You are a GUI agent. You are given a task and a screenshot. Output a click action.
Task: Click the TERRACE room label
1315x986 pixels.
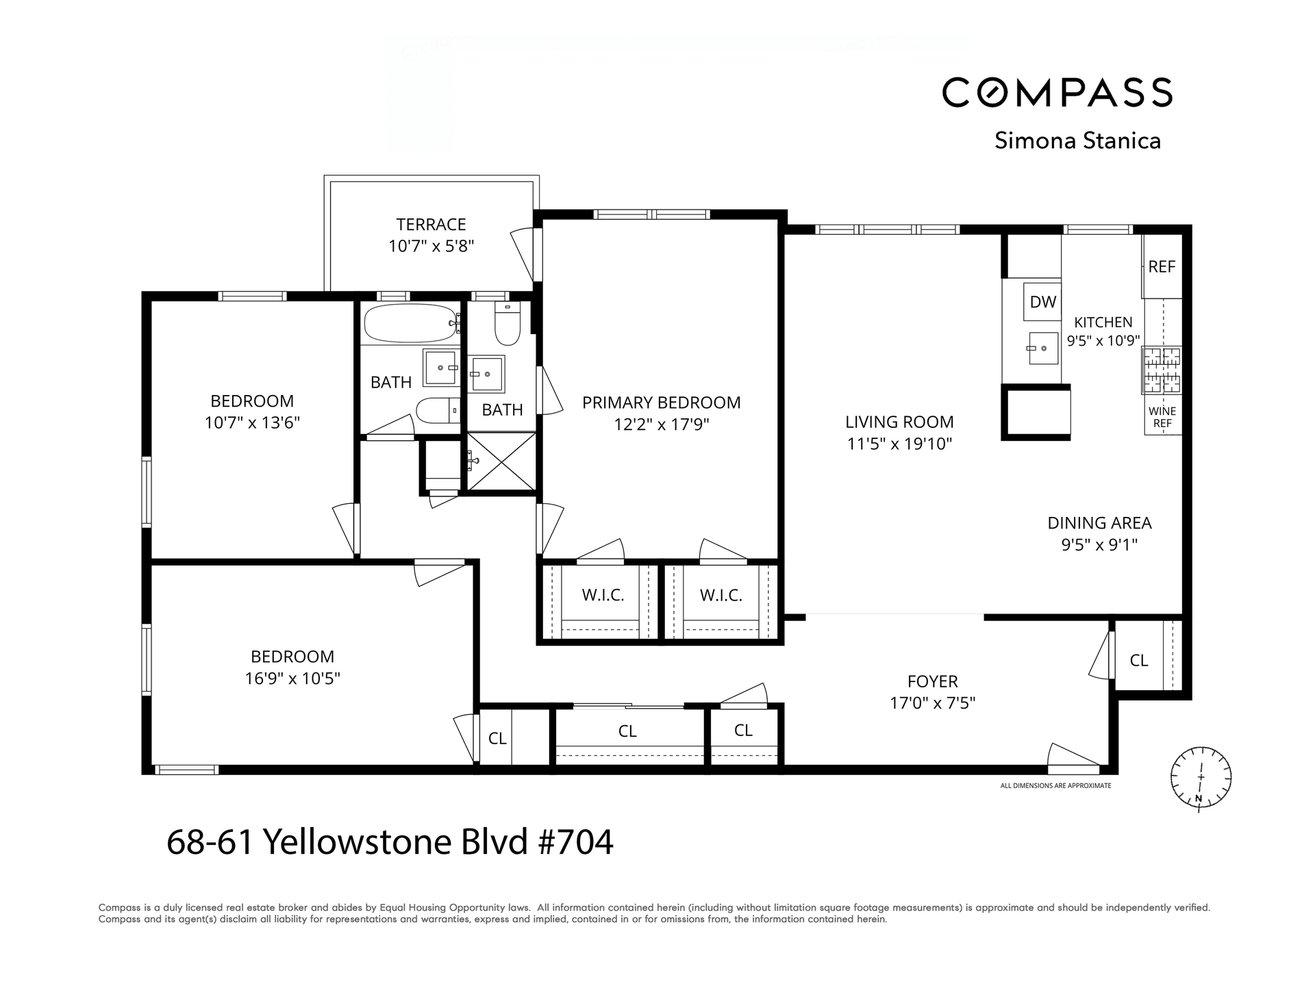(431, 225)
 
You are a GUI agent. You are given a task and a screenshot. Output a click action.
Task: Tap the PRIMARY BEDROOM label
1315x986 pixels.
(661, 403)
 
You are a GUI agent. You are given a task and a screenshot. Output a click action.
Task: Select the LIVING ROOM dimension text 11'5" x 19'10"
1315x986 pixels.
(899, 444)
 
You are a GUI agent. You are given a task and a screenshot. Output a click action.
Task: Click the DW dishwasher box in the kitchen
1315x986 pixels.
(1042, 302)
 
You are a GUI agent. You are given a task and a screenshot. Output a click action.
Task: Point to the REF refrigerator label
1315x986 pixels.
(1162, 267)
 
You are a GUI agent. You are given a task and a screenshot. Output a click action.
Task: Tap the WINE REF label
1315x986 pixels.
(1162, 417)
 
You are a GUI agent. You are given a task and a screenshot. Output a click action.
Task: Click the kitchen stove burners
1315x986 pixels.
(1162, 370)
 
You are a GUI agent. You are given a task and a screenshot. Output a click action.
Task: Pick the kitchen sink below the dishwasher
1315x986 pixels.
(1043, 348)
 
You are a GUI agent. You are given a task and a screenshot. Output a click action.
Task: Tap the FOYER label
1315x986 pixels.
(932, 681)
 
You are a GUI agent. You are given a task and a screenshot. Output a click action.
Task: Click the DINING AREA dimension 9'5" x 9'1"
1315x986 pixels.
(1099, 545)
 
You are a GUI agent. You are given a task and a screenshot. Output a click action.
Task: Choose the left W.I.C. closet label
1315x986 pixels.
(603, 595)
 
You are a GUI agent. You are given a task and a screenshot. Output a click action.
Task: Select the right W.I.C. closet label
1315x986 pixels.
(721, 595)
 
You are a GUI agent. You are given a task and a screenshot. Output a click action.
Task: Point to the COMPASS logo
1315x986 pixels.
(1057, 92)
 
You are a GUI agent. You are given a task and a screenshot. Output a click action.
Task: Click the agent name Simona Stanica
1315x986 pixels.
(1077, 140)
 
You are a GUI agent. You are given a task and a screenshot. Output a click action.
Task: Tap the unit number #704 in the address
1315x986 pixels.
(576, 842)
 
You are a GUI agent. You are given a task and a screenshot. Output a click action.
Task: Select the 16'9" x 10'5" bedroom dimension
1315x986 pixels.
(292, 679)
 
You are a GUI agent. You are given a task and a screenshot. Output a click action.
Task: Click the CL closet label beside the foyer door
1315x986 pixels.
(1138, 660)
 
